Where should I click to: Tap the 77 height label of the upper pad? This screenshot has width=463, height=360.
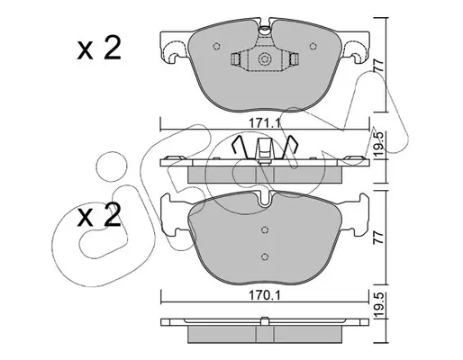click(x=378, y=65)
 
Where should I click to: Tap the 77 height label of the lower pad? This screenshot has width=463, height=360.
click(x=378, y=238)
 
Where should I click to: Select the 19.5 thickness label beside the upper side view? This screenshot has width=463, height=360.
click(x=378, y=143)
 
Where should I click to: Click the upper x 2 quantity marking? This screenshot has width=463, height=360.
click(x=99, y=48)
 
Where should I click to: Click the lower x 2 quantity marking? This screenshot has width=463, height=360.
click(x=99, y=215)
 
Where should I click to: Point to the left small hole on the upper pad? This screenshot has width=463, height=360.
click(x=216, y=46)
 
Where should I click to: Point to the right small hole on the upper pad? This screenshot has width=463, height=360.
click(x=313, y=46)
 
